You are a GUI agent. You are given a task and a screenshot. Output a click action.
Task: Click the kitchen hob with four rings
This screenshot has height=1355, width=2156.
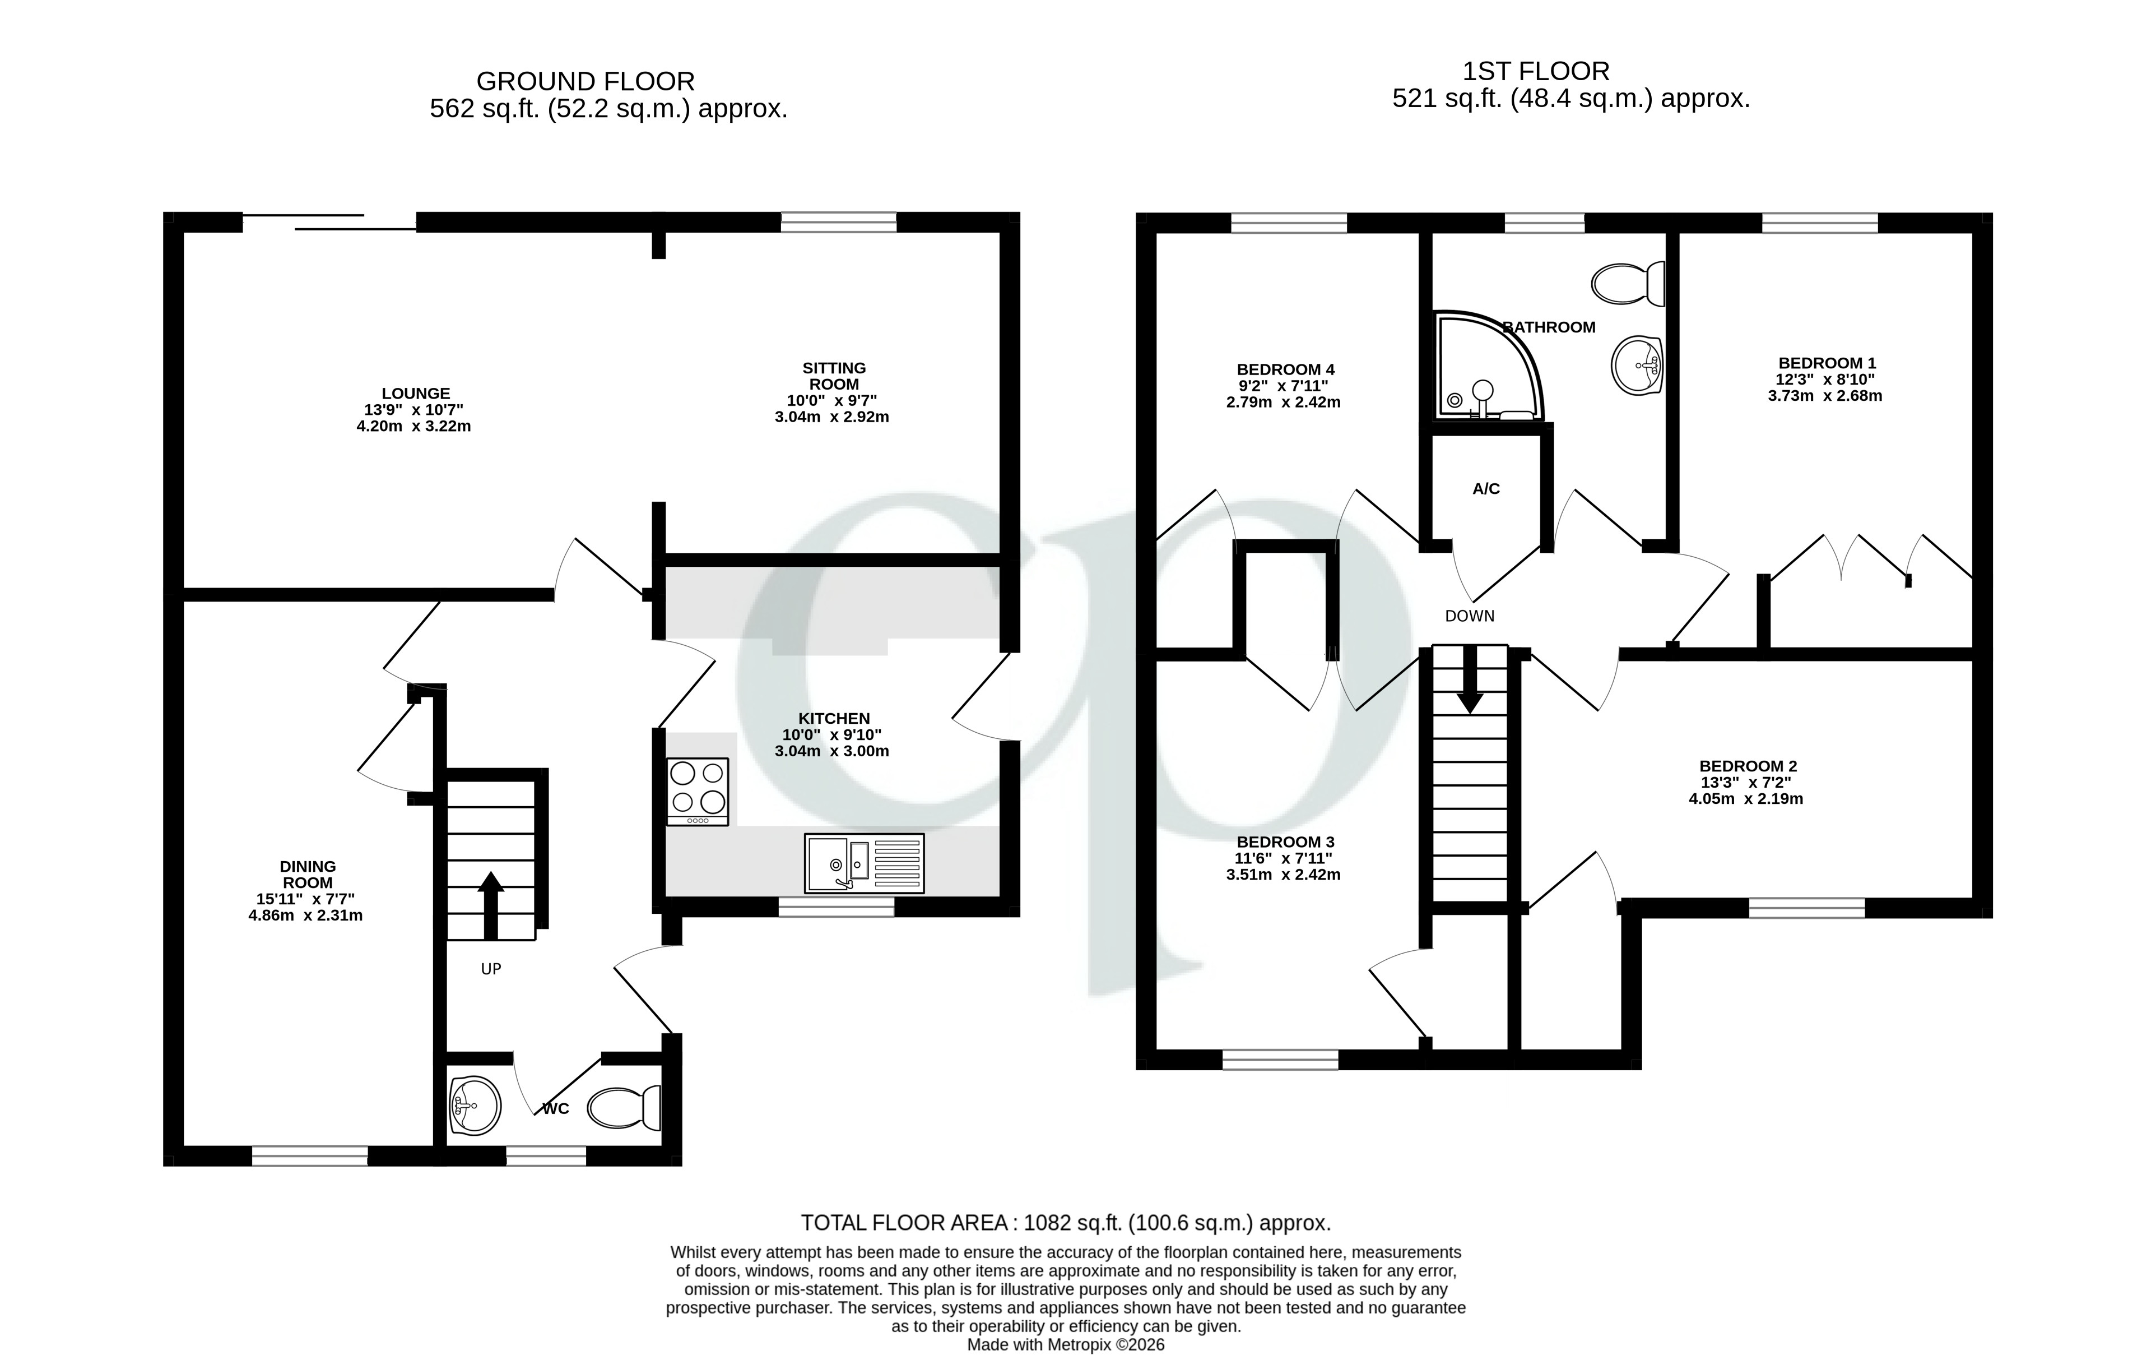[x=698, y=791]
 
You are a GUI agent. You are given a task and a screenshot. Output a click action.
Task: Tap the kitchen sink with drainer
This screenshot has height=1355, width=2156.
[x=864, y=863]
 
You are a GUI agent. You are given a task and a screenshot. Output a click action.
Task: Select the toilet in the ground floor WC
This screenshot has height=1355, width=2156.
[x=625, y=1108]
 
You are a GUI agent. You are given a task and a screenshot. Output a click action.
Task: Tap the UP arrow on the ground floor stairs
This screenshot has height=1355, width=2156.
[x=491, y=904]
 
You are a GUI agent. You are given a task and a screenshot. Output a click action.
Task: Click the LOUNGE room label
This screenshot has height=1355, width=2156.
[x=415, y=393]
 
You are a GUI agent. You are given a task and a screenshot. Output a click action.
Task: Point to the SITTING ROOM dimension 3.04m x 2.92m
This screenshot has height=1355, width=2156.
[x=832, y=417]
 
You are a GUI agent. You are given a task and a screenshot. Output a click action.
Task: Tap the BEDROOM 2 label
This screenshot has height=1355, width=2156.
[x=1748, y=766]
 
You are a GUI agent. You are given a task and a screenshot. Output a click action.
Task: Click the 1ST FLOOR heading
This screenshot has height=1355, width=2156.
[x=1536, y=71]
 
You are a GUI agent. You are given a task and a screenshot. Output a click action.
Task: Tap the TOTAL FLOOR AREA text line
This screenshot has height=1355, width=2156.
[x=1066, y=1223]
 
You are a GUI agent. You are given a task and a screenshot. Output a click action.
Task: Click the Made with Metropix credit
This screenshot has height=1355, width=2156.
[x=1066, y=1345]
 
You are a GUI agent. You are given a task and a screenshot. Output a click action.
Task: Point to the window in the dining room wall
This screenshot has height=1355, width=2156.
[x=310, y=1156]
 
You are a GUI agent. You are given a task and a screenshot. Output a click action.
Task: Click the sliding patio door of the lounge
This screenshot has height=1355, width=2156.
[x=329, y=222]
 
